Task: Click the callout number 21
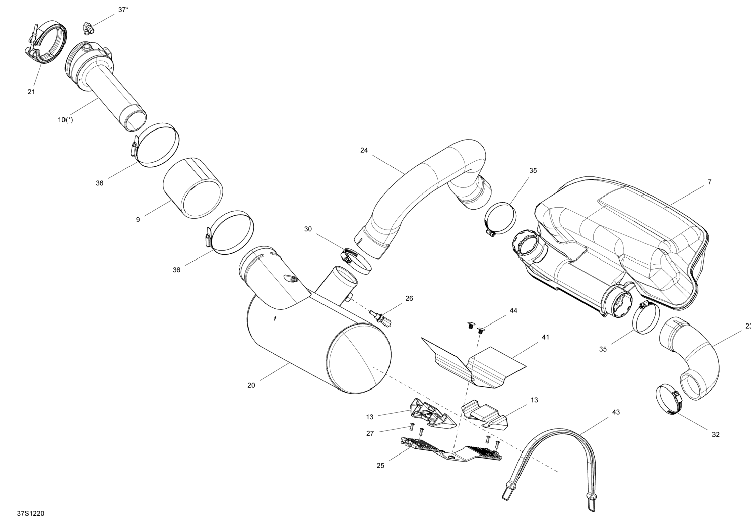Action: [31, 92]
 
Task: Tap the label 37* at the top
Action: [123, 10]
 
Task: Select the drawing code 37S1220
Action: [30, 513]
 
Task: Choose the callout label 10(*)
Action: [65, 120]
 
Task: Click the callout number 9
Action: [138, 220]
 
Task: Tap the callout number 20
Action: [251, 385]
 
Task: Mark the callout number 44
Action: [513, 311]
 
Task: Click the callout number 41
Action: [545, 337]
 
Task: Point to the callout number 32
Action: [716, 435]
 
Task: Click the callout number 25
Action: [380, 466]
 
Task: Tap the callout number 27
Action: [370, 434]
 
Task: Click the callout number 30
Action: [308, 229]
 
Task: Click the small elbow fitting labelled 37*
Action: [88, 27]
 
